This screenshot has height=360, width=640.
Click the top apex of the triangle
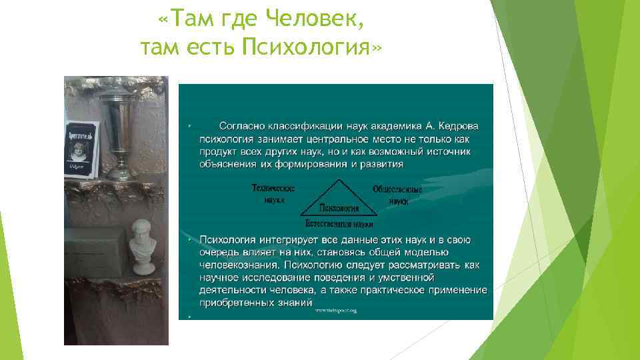[340, 181]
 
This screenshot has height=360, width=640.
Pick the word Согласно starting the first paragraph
[243, 125]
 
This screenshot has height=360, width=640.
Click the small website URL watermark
[337, 310]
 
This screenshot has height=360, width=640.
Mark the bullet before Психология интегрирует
[189, 239]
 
